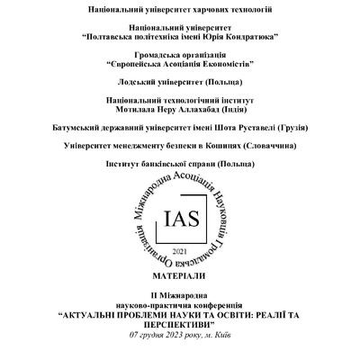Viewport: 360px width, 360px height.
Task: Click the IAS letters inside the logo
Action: coord(179,219)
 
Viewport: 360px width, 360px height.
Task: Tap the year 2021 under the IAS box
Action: coord(180,249)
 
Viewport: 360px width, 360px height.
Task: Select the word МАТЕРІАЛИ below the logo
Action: coord(180,274)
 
